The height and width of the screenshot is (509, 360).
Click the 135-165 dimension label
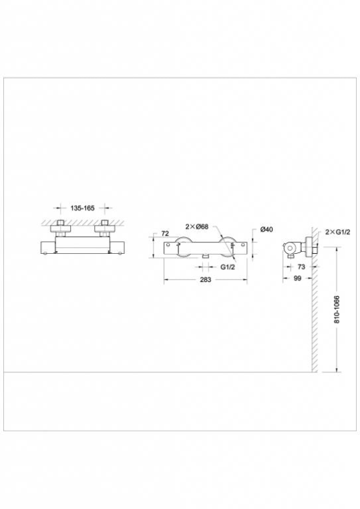tap(82, 208)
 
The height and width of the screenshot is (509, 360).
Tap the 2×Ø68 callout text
tap(197, 226)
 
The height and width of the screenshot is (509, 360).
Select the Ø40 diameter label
tap(266, 229)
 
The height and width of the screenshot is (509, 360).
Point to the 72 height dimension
tap(165, 233)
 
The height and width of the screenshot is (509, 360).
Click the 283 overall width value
tap(206, 279)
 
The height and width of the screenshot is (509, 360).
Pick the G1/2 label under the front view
tap(228, 267)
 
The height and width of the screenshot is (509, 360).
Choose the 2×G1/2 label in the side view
tap(338, 232)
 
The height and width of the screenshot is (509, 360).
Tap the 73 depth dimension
tap(301, 267)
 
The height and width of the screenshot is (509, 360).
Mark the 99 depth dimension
tap(297, 278)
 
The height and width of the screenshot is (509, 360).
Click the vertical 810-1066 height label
tap(337, 309)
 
